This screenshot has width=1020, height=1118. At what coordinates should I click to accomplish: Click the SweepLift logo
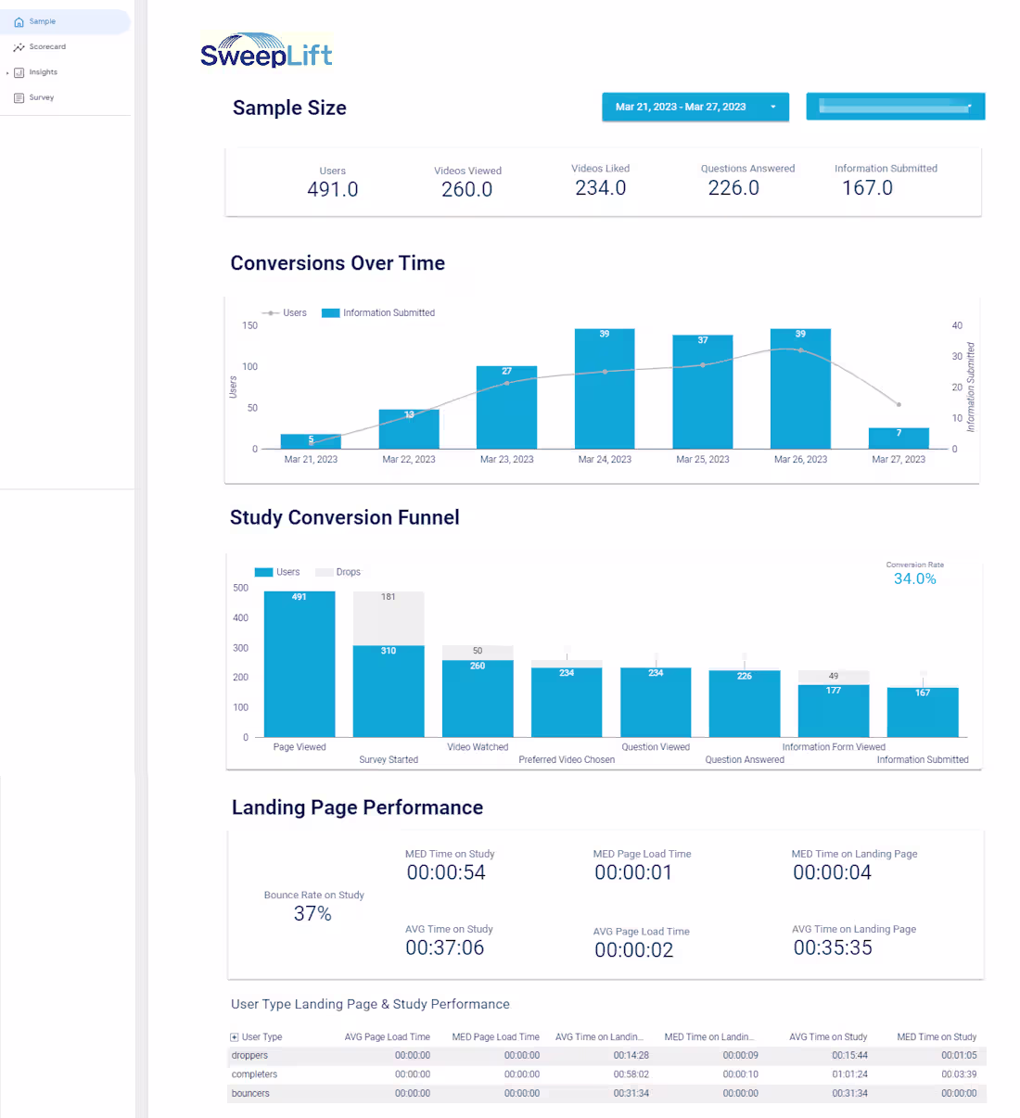point(266,52)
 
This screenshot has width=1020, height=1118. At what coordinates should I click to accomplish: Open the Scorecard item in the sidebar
point(46,46)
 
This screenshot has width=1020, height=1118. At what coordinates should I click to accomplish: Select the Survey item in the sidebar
point(41,97)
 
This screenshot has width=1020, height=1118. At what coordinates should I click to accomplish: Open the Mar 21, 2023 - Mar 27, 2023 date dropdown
point(695,107)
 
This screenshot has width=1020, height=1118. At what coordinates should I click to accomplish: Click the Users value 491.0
point(332,189)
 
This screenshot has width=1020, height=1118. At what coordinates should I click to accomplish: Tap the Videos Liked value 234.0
point(600,188)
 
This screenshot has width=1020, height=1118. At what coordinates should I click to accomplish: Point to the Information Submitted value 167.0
point(867,188)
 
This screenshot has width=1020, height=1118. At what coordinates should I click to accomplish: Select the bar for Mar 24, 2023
point(605,389)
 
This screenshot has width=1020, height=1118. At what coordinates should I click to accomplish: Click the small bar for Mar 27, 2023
point(898,438)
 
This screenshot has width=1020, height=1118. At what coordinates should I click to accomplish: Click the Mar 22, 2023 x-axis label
point(409,460)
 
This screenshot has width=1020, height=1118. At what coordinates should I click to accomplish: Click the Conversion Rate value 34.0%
point(914,579)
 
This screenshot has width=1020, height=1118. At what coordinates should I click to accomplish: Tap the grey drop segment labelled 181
point(389,617)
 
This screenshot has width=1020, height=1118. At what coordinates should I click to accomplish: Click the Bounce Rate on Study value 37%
point(312,914)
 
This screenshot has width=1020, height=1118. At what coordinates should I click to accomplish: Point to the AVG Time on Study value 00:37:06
point(444,947)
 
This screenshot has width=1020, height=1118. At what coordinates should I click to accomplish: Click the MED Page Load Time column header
point(495,1037)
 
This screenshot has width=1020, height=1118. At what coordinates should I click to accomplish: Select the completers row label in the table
point(254,1074)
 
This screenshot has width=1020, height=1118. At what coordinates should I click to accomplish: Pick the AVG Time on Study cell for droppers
point(849,1056)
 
